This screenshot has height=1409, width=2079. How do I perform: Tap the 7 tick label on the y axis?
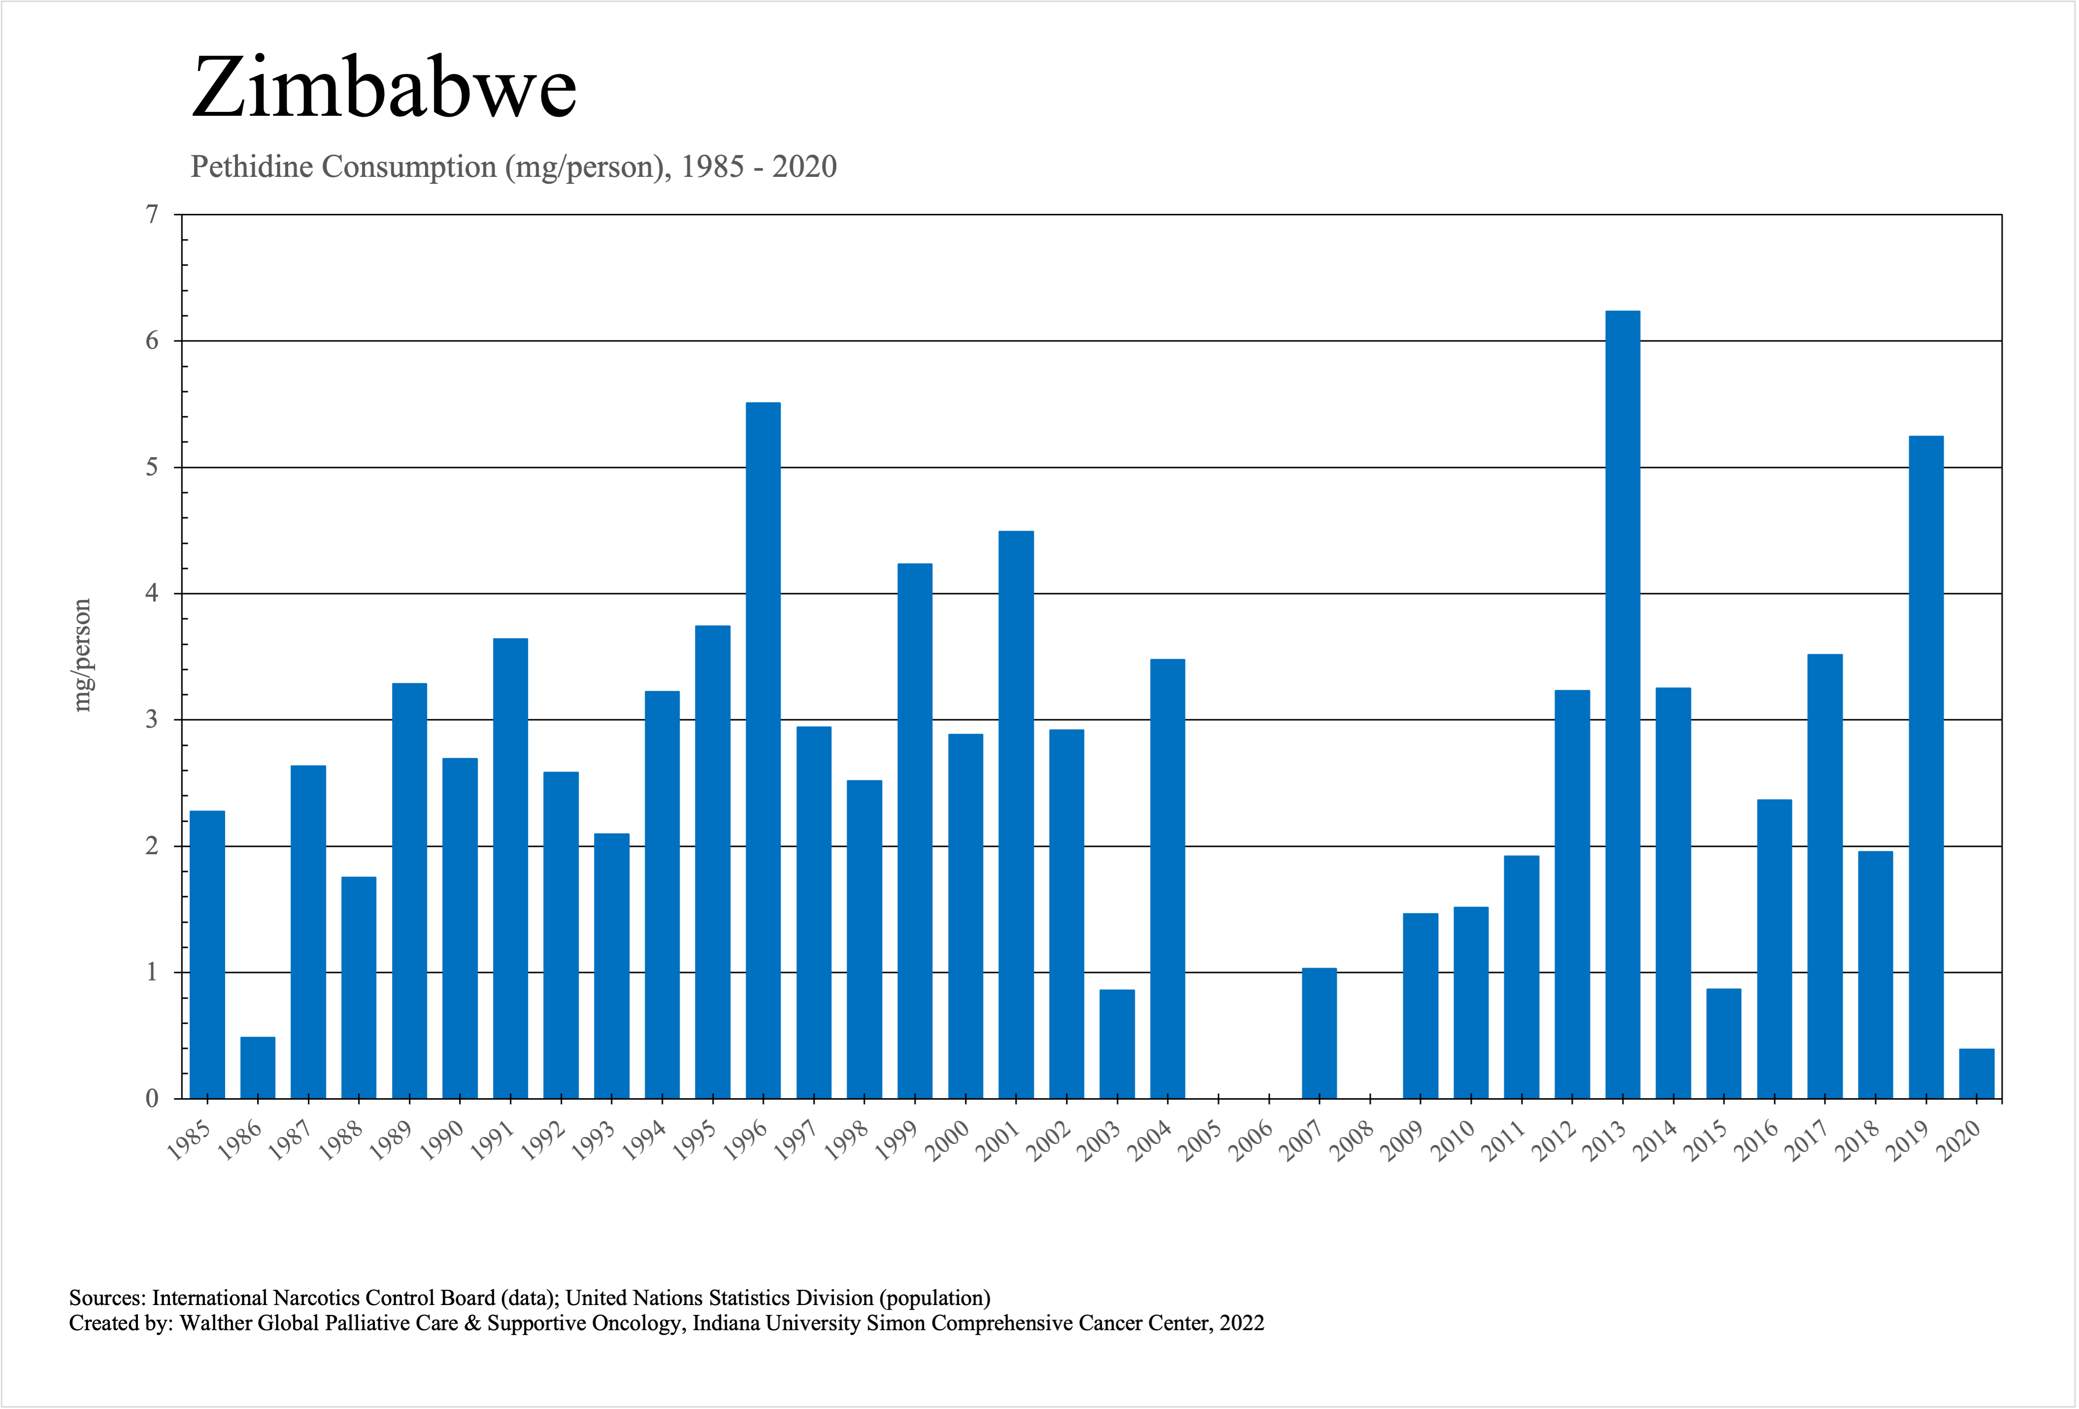click(x=152, y=215)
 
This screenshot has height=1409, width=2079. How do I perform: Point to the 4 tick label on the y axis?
click(x=152, y=593)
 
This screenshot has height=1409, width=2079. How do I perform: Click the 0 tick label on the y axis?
click(x=152, y=1099)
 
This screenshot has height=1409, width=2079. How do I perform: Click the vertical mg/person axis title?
click(x=82, y=655)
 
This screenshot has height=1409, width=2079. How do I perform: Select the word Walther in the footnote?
click(x=216, y=1323)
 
